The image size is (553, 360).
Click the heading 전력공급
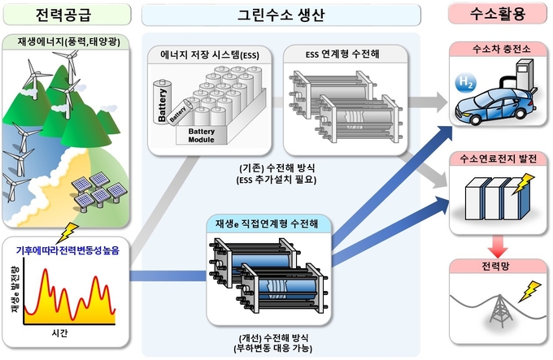(65, 14)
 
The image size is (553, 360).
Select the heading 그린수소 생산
(281, 14)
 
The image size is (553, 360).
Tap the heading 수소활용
(497, 14)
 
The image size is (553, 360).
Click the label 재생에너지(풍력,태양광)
(65, 41)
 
